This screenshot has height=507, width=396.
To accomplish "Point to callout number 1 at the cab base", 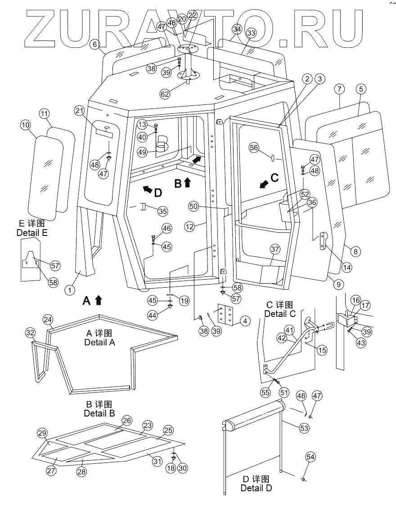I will [x=70, y=290].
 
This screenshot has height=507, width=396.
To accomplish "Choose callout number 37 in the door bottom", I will [x=275, y=249].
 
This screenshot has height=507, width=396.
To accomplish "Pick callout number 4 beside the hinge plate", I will [x=245, y=322].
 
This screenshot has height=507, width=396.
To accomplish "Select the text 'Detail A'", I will [x=99, y=342].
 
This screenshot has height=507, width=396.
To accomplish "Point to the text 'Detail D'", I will [x=256, y=488].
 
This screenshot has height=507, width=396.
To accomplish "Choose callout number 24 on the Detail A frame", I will [x=48, y=320].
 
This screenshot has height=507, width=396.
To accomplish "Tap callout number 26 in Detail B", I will [x=127, y=421].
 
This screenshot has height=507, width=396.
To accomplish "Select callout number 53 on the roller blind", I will [x=305, y=428].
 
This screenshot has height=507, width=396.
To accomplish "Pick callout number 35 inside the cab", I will [x=162, y=210].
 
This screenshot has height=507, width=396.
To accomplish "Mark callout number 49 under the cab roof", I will [x=142, y=152].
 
